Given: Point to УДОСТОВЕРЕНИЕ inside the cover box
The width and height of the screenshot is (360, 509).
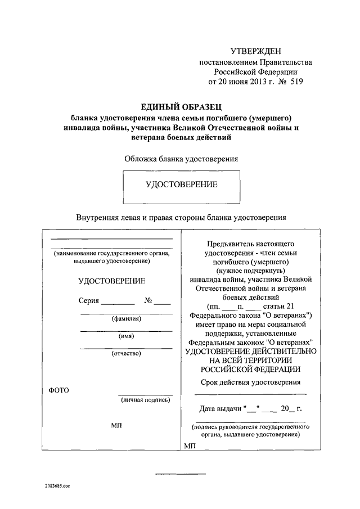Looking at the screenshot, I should click(x=181, y=184).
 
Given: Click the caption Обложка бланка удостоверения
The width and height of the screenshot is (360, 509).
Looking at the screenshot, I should click(x=181, y=159).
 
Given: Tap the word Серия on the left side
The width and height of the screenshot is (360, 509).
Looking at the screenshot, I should click(x=89, y=300).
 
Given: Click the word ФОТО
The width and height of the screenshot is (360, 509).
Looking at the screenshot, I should click(x=58, y=390).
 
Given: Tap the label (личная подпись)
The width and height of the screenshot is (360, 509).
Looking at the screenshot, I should click(x=145, y=399).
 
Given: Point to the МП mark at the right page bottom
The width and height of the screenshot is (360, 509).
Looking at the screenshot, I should click(x=188, y=446).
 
